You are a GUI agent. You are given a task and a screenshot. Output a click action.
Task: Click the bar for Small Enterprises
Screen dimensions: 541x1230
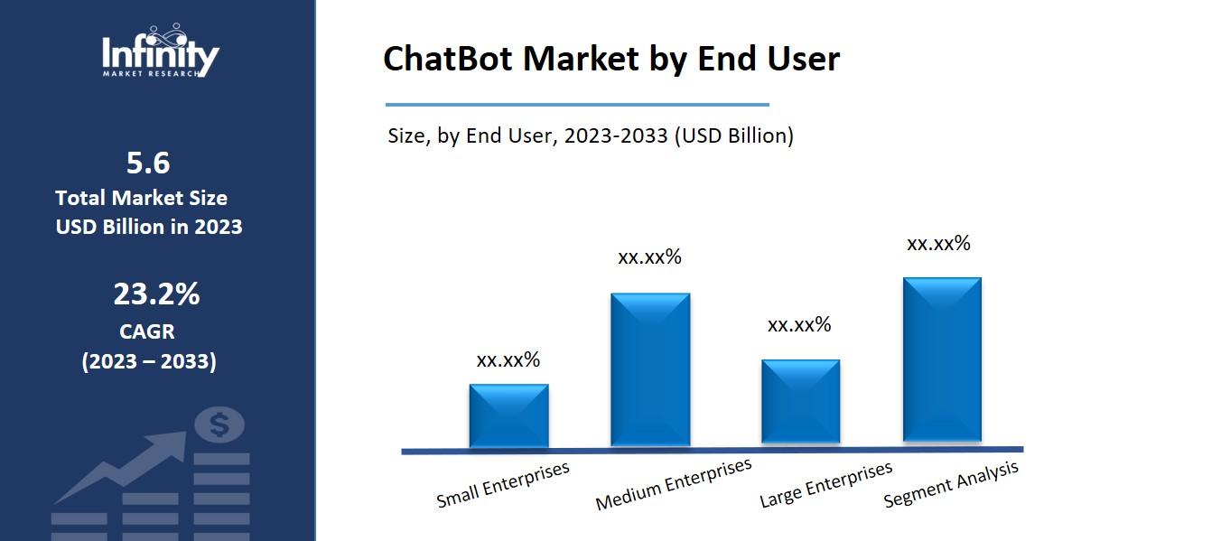click(x=508, y=415)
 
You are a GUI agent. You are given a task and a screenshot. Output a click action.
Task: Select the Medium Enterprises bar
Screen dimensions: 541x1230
click(x=650, y=369)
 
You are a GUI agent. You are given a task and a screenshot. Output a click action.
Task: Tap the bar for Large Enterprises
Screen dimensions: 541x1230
click(x=800, y=402)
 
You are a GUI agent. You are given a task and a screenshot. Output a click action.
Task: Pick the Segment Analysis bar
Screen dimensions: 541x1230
click(x=942, y=360)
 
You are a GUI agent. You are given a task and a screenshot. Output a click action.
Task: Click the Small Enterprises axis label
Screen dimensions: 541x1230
click(x=503, y=485)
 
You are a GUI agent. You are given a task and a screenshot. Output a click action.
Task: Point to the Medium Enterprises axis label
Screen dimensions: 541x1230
click(x=674, y=484)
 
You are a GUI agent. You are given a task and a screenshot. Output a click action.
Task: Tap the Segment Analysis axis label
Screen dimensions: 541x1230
click(x=951, y=484)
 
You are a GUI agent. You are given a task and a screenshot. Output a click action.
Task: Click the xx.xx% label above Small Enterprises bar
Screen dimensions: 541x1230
click(x=508, y=360)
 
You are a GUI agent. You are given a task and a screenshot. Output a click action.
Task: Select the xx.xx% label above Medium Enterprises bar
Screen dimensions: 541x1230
click(x=649, y=257)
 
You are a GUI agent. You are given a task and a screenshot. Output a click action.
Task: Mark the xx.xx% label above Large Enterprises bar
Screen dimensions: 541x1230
click(x=799, y=325)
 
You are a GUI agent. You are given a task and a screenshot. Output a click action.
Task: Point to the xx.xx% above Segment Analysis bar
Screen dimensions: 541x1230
click(x=938, y=244)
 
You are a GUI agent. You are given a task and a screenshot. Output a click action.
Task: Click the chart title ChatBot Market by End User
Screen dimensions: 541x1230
click(x=611, y=59)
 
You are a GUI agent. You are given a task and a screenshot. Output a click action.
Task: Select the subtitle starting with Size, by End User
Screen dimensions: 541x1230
click(x=591, y=136)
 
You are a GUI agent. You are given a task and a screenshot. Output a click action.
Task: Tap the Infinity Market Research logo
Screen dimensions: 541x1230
click(x=160, y=52)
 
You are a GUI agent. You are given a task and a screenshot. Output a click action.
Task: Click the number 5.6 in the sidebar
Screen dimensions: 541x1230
click(x=148, y=163)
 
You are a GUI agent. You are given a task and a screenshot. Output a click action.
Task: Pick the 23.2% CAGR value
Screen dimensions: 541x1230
click(x=156, y=294)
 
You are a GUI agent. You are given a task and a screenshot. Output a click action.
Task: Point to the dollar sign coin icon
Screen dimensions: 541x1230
click(x=219, y=424)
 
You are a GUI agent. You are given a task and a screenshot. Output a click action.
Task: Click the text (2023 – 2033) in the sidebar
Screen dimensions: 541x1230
click(x=149, y=362)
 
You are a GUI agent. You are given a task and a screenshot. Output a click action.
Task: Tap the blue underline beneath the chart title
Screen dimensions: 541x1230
click(x=577, y=105)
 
